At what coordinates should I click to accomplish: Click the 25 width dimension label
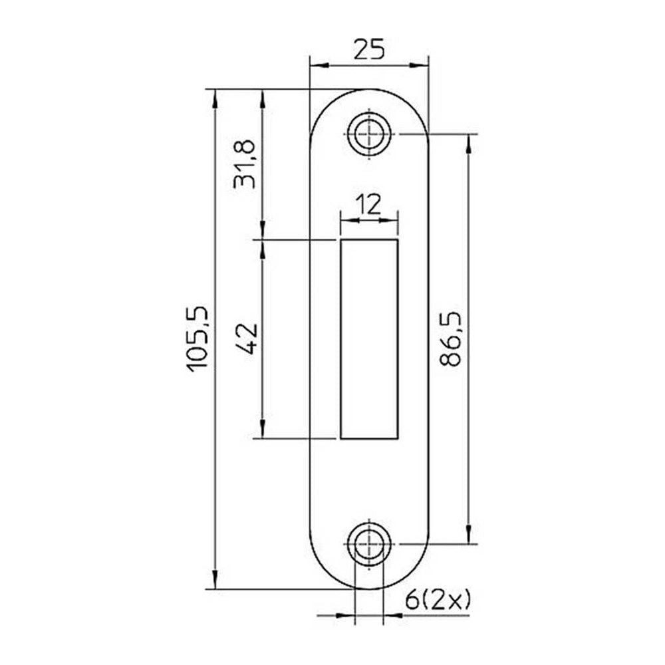point(369,49)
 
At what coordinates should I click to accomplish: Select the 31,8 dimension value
point(245,164)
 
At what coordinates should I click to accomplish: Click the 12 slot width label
point(368,205)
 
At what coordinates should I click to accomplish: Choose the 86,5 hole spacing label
point(450,339)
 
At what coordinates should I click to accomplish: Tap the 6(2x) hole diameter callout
point(438,600)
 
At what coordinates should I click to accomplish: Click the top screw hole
point(369,134)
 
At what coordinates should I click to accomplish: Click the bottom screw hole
point(369,544)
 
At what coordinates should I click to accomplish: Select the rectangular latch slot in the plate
point(369,339)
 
